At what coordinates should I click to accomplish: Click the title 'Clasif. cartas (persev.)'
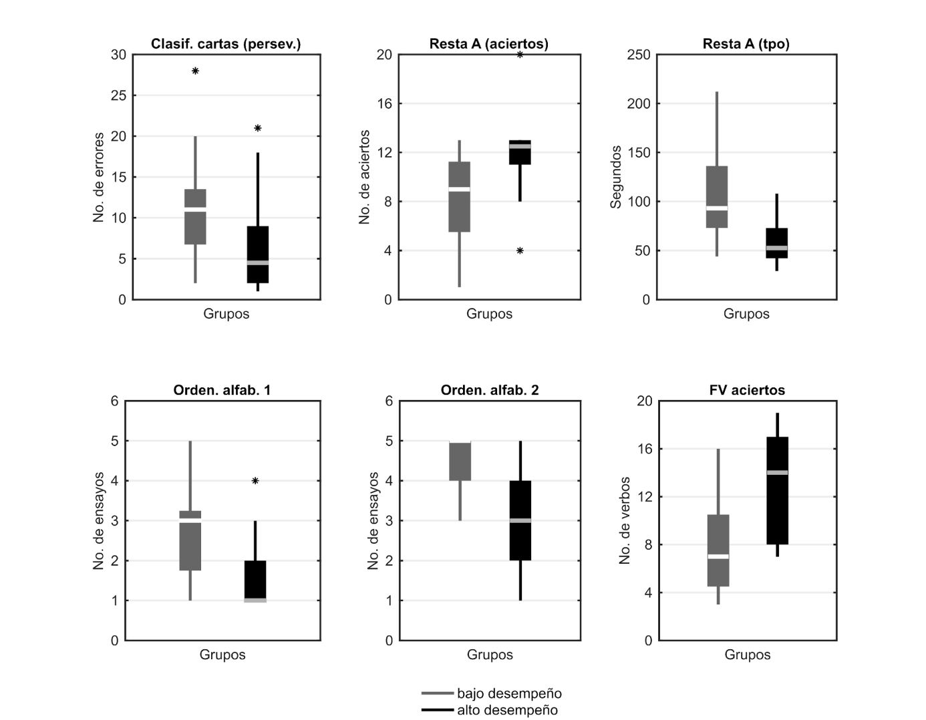coord(226,44)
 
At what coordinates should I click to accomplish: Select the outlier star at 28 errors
coord(195,71)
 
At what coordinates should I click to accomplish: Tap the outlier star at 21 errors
coord(258,128)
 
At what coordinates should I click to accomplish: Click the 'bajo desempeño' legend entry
coord(508,693)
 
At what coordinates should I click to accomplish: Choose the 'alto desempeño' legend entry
coord(506,710)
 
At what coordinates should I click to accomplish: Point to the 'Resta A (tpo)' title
coord(746,44)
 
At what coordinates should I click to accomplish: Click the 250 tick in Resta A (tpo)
coord(639,55)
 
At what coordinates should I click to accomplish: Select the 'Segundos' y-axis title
coord(616,177)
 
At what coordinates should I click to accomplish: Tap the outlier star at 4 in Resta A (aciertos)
coord(520,251)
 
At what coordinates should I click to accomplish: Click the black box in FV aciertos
coord(777,491)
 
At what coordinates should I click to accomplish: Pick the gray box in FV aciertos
coord(718,550)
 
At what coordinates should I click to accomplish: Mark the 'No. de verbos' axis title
coord(625,520)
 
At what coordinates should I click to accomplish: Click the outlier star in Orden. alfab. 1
coord(255,481)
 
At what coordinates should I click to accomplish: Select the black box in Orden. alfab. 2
coord(520,520)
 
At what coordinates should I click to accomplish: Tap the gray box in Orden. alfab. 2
coord(460,462)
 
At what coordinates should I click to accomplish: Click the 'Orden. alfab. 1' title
coord(222,390)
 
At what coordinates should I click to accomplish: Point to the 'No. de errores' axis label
coord(99,177)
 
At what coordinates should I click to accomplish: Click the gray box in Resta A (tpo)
coord(717,197)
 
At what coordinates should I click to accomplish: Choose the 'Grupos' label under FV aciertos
coord(747,655)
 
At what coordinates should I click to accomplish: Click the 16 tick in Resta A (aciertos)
coord(384,104)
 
